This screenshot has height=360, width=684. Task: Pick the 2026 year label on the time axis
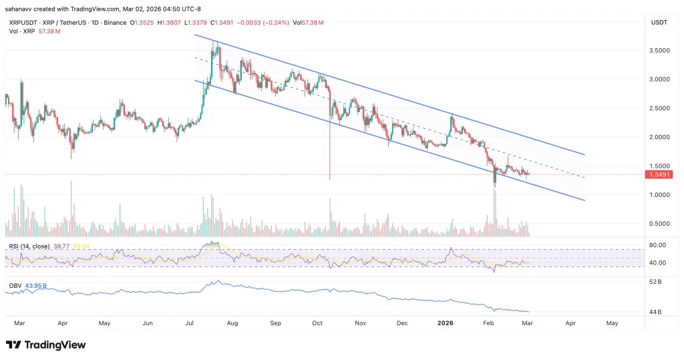tap(446, 323)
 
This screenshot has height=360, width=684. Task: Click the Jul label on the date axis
tap(190, 323)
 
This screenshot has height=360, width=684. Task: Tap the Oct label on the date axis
tap(318, 323)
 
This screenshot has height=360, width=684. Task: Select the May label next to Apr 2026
tap(612, 323)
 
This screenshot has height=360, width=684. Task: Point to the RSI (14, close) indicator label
tap(31, 246)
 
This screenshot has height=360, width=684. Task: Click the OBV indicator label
tap(15, 286)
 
